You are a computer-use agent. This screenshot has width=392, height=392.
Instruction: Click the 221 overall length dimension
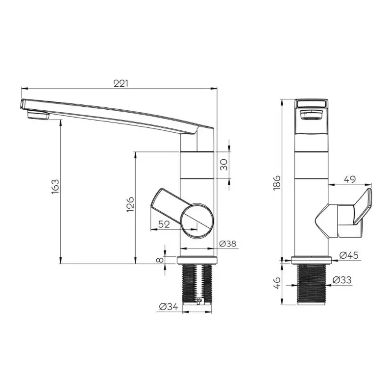pyautogui.click(x=121, y=83)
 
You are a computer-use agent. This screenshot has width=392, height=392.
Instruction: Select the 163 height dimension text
pyautogui.click(x=55, y=187)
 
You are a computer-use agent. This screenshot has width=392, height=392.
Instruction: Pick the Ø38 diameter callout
pyautogui.click(x=228, y=244)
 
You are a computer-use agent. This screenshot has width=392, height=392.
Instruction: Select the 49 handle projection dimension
pyautogui.click(x=349, y=180)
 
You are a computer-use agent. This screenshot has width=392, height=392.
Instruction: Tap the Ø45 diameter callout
pyautogui.click(x=349, y=255)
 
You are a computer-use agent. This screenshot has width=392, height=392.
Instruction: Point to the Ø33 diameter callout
pyautogui.click(x=342, y=280)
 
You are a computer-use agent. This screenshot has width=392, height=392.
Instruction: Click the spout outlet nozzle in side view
pyautogui.click(x=38, y=116)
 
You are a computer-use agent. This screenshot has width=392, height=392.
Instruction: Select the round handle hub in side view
pyautogui.click(x=198, y=220)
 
